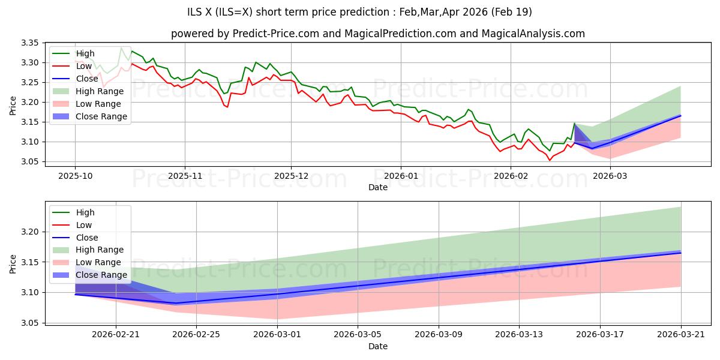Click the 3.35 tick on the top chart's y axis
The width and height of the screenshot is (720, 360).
(30, 43)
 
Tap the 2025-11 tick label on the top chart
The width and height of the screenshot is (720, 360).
(185, 175)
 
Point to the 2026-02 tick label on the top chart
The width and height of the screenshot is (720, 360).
(511, 175)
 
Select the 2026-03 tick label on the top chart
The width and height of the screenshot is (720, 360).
(610, 175)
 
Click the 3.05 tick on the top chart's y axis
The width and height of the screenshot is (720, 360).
(30, 162)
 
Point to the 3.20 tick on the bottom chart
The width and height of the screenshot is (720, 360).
(30, 232)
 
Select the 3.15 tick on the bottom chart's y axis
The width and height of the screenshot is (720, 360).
(30, 262)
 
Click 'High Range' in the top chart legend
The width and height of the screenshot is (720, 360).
(100, 91)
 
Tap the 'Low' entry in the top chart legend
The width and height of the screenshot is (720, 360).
(84, 66)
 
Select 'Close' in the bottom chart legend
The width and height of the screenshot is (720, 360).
(87, 238)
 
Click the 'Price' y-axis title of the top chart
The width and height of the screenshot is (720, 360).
(13, 106)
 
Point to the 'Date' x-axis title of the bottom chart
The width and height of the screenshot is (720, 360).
(378, 346)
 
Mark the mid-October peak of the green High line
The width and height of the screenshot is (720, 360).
(121, 47)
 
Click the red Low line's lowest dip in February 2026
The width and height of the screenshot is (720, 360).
(549, 160)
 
